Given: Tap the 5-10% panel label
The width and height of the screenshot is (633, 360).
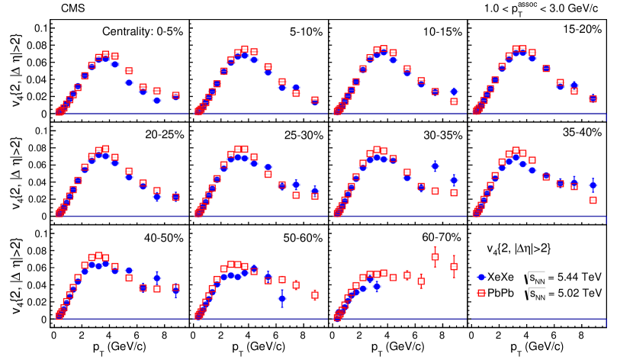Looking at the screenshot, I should pos(306,32).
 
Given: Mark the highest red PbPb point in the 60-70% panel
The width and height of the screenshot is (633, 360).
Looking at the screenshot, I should pos(435,256).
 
